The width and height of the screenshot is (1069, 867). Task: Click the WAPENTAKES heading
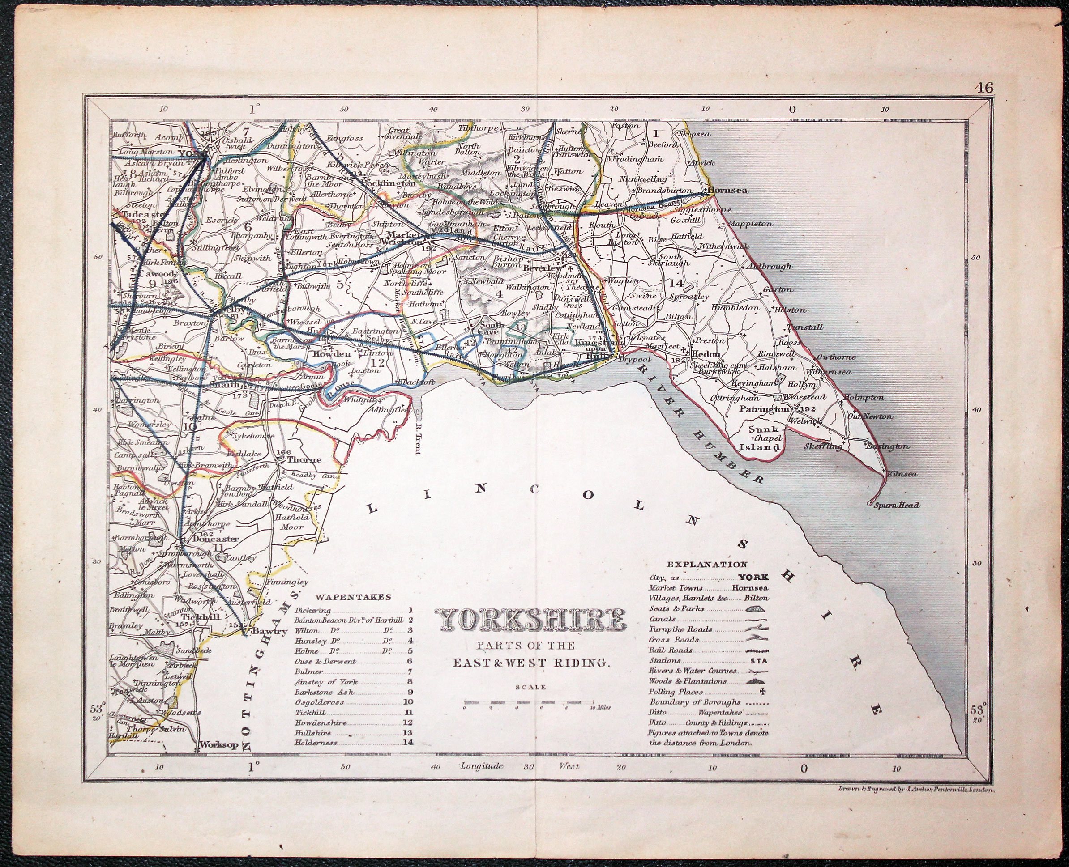tap(353, 597)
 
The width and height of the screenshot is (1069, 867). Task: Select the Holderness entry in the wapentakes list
tap(316, 756)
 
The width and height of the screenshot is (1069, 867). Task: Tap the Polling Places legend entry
tap(675, 692)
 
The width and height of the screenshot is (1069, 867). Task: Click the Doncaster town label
tap(210, 539)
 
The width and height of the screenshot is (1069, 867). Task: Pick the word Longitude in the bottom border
tap(481, 780)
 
